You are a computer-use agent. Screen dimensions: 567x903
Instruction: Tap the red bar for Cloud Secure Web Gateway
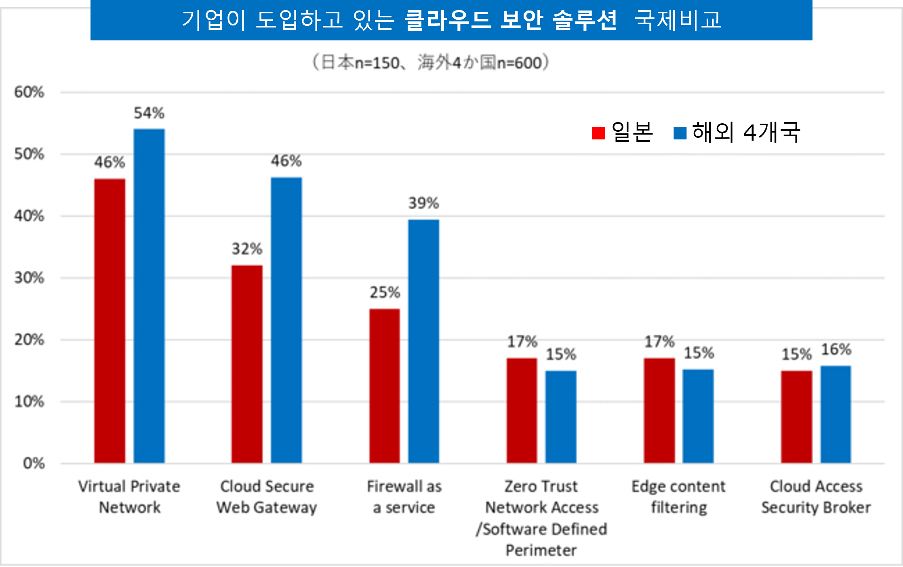click(247, 364)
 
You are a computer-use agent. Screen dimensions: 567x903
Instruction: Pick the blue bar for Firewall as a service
click(423, 341)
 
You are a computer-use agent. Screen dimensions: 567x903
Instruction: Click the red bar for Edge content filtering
click(659, 410)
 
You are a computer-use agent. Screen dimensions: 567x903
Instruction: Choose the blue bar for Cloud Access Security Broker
click(836, 414)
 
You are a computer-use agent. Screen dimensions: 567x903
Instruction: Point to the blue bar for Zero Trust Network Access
click(561, 417)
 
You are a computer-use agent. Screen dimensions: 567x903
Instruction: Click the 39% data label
click(423, 203)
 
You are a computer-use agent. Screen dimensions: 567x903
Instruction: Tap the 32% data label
click(247, 249)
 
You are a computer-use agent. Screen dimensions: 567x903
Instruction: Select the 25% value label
click(385, 292)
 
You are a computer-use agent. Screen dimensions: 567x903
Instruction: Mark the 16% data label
click(836, 349)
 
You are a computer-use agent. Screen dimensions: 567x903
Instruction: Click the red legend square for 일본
click(598, 133)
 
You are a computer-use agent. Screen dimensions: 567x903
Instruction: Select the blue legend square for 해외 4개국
click(680, 133)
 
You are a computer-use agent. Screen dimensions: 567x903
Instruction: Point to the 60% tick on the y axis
click(29, 92)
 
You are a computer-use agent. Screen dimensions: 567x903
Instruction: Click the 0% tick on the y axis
click(34, 463)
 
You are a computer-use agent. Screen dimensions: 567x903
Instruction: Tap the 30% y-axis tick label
click(29, 278)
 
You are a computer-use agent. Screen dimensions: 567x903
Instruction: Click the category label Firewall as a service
click(404, 497)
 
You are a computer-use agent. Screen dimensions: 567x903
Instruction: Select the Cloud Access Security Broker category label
click(816, 497)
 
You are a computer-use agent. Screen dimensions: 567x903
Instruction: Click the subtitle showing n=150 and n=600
click(431, 63)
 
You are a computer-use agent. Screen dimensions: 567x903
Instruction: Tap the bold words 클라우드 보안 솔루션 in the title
click(511, 20)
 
